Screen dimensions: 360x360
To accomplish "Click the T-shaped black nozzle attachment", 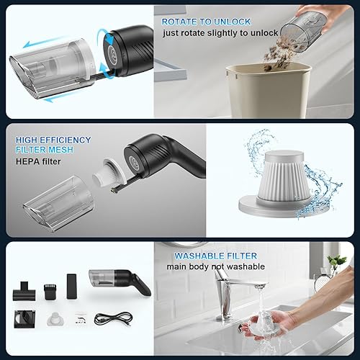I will (x=22, y=289).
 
